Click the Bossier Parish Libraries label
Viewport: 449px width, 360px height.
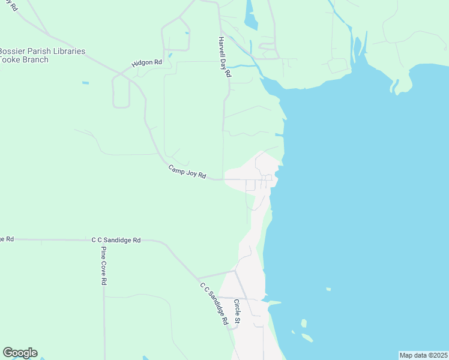point(42,52)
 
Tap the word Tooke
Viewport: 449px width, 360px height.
point(11,61)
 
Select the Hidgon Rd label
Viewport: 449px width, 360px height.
point(147,62)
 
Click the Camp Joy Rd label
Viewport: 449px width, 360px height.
point(187,172)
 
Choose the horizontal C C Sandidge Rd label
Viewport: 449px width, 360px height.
point(116,240)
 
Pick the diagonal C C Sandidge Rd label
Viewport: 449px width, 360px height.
point(214,304)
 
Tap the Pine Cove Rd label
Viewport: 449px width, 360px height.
point(104,265)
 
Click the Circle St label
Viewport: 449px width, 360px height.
point(237,313)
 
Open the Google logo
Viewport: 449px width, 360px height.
point(20,353)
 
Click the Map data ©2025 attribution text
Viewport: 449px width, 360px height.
point(423,355)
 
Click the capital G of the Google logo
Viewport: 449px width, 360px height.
point(8,353)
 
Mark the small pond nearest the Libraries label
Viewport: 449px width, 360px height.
point(85,82)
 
